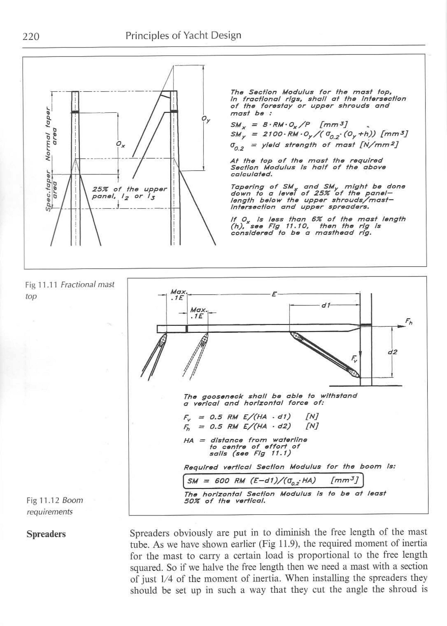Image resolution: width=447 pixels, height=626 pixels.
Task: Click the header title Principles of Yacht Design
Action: (x=183, y=36)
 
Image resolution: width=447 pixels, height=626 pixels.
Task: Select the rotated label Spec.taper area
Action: (x=52, y=192)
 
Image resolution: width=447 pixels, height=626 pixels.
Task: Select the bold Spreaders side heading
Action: (x=46, y=534)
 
